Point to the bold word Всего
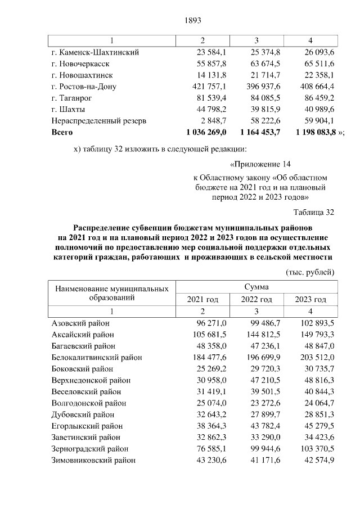click(62, 132)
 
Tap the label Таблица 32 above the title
click(314, 213)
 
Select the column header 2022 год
click(256, 299)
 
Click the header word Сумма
click(256, 287)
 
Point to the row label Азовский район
click(80, 323)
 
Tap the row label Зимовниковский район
click(93, 461)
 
